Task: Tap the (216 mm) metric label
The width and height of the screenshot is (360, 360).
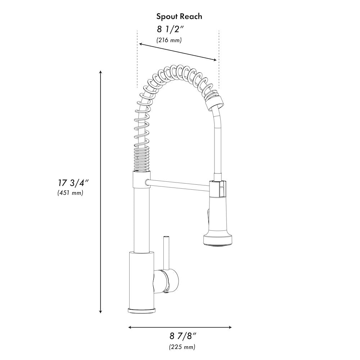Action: tap(169, 40)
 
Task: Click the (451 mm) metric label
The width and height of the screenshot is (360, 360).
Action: tap(70, 193)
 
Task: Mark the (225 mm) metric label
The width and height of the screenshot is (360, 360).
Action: tap(182, 347)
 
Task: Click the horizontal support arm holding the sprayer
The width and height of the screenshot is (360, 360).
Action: tap(178, 184)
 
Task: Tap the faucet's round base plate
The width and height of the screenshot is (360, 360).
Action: tap(141, 310)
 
